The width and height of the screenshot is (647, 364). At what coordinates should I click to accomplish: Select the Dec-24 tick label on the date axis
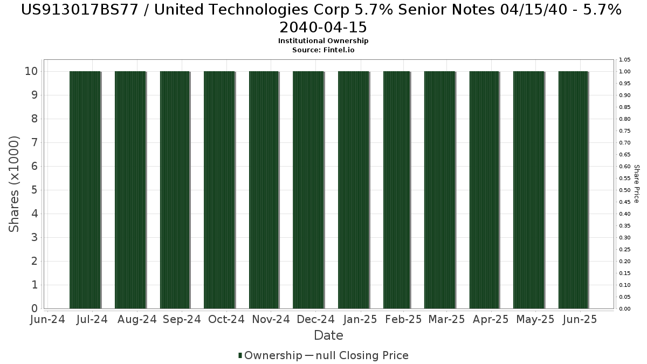[315, 320]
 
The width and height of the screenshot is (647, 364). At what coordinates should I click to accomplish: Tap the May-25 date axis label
[535, 320]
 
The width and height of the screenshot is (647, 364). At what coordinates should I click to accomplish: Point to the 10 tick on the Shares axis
[31, 71]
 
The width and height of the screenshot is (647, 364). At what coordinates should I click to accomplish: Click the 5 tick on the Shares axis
[34, 190]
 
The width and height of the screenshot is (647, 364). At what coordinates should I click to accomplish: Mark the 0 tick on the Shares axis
[34, 308]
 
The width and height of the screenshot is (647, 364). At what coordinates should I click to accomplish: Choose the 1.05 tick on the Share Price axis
[625, 59]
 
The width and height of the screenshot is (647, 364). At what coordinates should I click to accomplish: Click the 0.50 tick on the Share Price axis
[625, 190]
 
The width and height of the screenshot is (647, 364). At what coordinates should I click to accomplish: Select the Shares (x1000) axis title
[14, 184]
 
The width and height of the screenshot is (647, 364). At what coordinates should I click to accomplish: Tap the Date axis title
[328, 335]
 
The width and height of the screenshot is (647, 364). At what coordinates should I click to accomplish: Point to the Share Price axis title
[637, 184]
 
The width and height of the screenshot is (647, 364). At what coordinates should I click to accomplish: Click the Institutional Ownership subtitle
[323, 41]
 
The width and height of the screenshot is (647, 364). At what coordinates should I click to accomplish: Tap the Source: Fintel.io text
[323, 50]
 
